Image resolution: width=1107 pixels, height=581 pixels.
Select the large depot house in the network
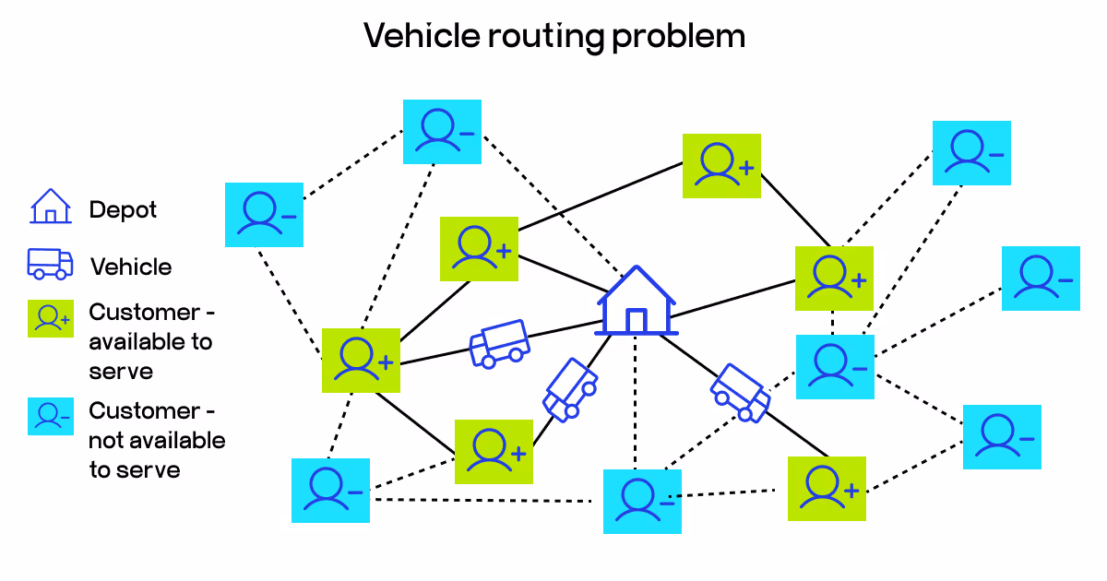[637, 300]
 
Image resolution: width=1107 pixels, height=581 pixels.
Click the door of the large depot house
[636, 321]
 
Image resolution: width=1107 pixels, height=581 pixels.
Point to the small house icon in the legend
[50, 207]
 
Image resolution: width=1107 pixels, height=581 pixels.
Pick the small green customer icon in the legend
[50, 319]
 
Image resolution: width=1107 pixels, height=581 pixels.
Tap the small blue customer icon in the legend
[50, 417]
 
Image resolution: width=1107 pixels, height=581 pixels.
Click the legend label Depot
[123, 210]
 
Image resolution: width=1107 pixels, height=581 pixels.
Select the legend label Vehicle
[131, 267]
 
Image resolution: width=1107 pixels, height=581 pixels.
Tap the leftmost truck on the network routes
[499, 344]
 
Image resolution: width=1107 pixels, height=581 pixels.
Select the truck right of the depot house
[740, 392]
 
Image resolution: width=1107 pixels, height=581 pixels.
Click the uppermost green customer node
[721, 166]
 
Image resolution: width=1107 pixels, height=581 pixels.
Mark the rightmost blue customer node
[1041, 278]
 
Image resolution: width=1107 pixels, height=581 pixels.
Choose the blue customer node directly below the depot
[642, 501]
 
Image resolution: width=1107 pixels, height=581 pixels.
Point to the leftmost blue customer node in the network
[264, 214]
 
